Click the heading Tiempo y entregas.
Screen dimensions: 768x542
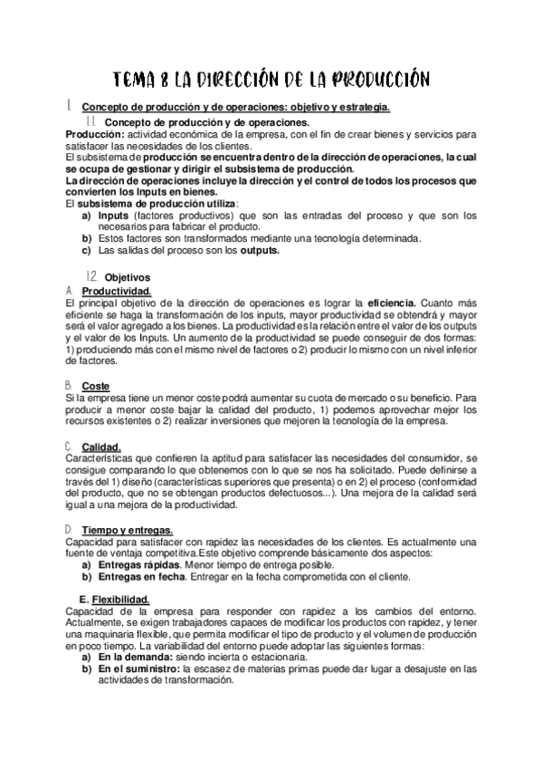[x=127, y=529]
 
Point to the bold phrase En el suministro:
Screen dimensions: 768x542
[x=138, y=668]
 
